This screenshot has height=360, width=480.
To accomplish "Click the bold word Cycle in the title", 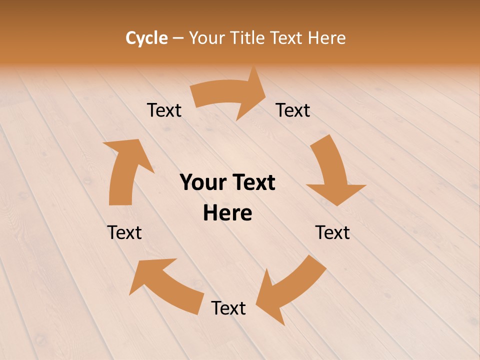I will pos(146,38).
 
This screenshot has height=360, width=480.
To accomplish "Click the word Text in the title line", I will pos(287,38).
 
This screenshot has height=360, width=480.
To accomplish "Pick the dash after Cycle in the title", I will pos(178,38).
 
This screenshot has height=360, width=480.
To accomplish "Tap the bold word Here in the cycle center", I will pos(227,213).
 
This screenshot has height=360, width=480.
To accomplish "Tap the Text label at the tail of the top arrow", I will pos(164,110).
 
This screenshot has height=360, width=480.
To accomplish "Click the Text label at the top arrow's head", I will pos(293,110).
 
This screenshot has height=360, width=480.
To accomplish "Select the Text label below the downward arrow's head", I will pos(332,233).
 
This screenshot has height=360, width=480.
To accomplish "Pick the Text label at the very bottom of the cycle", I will pos(228,308).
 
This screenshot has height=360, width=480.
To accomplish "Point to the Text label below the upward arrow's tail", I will pos(124,233).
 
